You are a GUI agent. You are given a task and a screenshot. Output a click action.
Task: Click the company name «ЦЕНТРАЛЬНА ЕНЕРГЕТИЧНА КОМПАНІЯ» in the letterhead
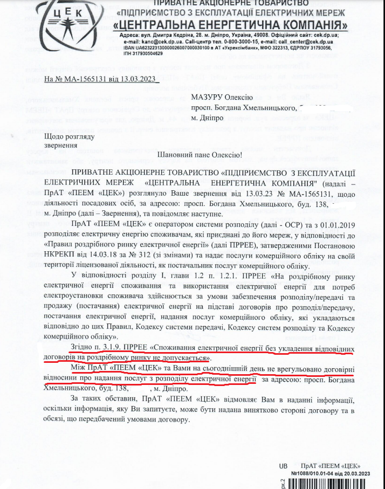232,25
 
